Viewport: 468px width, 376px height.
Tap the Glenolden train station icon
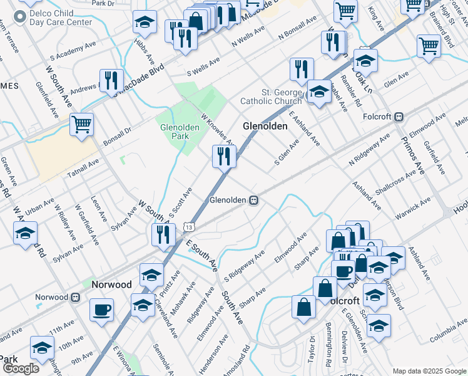(x=254, y=200)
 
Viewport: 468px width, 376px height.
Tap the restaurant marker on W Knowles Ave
(x=223, y=156)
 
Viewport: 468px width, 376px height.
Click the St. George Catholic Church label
(x=272, y=97)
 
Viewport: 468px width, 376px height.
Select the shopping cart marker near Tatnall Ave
(x=81, y=125)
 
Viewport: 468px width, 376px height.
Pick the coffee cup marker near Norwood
(x=101, y=310)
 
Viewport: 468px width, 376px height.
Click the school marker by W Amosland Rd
(x=25, y=234)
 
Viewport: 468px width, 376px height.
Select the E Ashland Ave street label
(x=304, y=128)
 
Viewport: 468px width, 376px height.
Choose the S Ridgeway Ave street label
(x=245, y=265)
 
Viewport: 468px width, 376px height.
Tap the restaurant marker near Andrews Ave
(x=110, y=81)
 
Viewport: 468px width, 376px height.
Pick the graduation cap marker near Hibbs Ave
(x=145, y=23)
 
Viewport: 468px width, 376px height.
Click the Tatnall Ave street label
(x=83, y=167)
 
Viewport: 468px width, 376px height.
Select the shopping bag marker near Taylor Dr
(x=303, y=308)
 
